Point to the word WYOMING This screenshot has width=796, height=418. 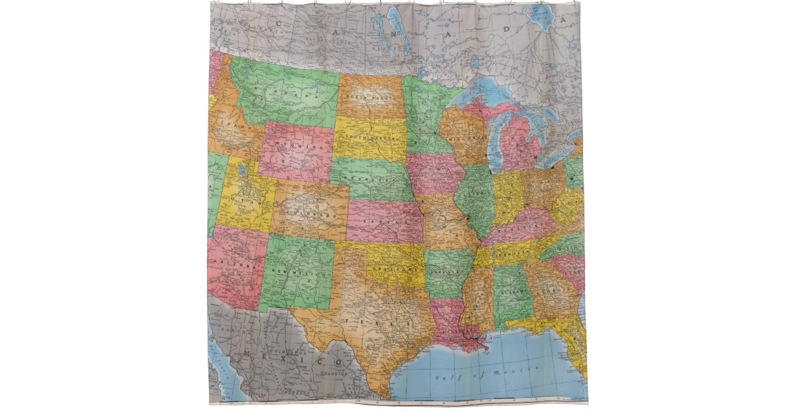[296, 148]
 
